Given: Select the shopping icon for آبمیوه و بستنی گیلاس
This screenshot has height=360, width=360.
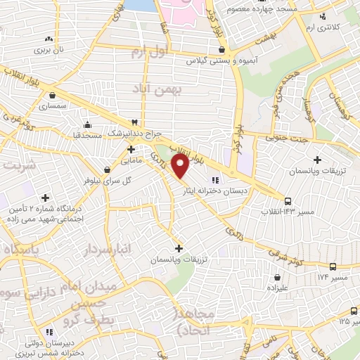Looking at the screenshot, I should pos(222,50).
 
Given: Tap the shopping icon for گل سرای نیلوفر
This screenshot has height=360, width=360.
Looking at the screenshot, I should pos(107,169).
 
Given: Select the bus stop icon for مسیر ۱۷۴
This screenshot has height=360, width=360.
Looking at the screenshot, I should pos(333,266).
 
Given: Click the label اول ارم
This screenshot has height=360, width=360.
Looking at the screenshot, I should pos(146,51).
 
